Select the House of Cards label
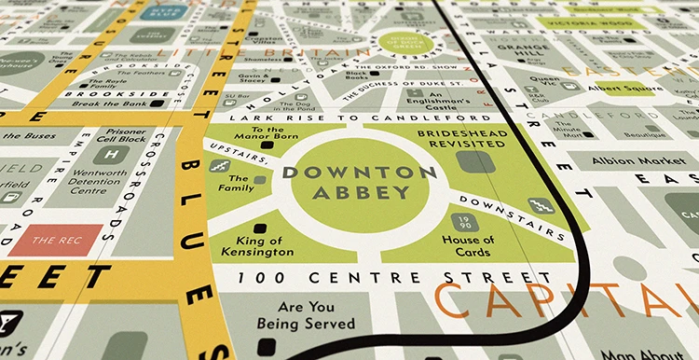[x=468, y=246]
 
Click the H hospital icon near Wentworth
[x=112, y=155]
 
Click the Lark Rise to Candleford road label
[x=350, y=118]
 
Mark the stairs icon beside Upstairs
[x=220, y=166]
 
